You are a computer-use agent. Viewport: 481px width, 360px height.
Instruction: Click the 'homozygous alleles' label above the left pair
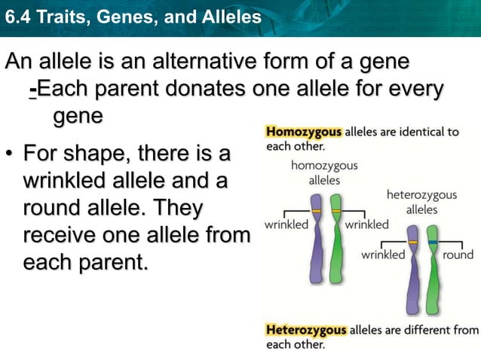(x=324, y=172)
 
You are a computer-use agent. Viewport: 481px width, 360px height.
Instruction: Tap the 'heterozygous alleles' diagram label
(x=421, y=202)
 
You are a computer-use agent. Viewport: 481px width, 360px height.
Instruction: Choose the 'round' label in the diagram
(x=458, y=255)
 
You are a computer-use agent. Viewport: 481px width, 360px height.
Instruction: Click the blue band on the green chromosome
(x=432, y=242)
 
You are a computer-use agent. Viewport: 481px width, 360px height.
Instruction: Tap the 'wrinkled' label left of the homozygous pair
(x=284, y=224)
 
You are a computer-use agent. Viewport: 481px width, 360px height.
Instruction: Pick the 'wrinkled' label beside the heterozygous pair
(x=382, y=255)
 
